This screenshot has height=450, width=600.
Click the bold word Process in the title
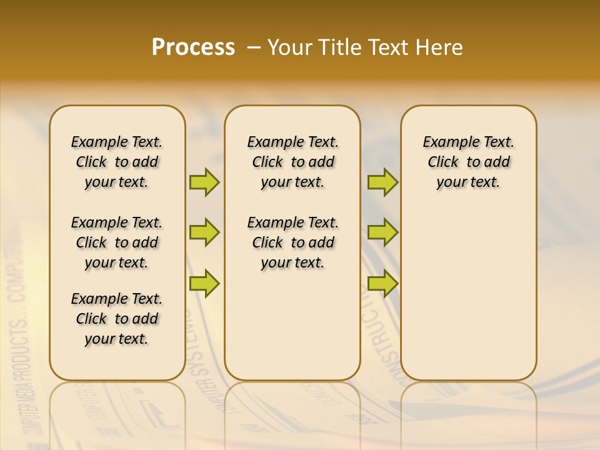tap(192, 47)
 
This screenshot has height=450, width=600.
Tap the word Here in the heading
tap(440, 47)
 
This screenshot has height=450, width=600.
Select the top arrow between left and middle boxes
tap(204, 182)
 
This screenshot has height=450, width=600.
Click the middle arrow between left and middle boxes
tap(204, 232)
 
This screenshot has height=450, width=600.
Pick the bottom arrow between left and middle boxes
tap(204, 283)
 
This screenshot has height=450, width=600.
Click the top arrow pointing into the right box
tap(382, 182)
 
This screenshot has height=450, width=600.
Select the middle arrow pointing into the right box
tap(382, 232)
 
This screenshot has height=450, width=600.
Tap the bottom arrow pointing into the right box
tap(382, 283)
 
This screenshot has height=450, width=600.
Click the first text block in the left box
tap(117, 162)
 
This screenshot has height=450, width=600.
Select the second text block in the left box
tap(117, 242)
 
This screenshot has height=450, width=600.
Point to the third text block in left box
tap(117, 319)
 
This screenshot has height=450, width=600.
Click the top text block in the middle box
tap(292, 162)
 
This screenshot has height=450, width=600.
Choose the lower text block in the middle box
tap(292, 242)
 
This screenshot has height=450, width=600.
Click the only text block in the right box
tap(469, 162)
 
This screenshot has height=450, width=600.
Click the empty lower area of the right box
tap(469, 300)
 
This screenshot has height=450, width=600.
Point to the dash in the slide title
tap(254, 47)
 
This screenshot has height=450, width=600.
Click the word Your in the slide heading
tap(289, 47)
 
